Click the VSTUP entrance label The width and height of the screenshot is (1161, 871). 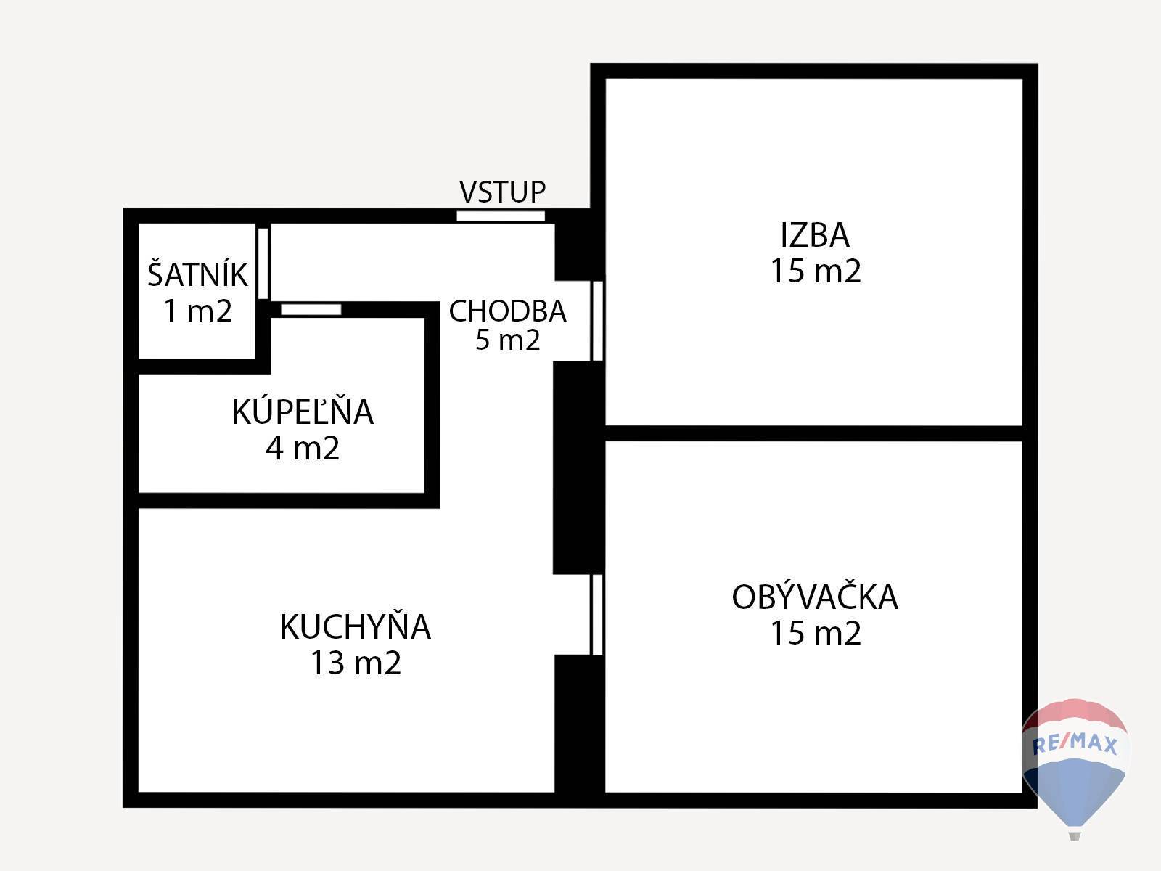[x=502, y=192]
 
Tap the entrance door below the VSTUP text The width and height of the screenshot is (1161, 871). [x=501, y=216]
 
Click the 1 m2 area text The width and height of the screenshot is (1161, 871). [x=198, y=311]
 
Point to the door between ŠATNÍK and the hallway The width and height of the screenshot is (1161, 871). [x=263, y=263]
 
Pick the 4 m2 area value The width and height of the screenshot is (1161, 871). [x=303, y=449]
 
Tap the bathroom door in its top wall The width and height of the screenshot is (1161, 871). [x=311, y=309]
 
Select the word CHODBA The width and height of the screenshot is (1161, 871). [x=507, y=311]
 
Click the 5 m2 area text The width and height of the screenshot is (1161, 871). [x=508, y=340]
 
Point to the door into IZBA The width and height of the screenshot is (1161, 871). [x=597, y=321]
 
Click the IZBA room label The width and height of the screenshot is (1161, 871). [x=815, y=235]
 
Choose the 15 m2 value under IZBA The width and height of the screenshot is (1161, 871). [x=816, y=271]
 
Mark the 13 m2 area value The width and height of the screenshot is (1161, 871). [x=356, y=663]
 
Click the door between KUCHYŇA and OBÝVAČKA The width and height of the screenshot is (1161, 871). [x=596, y=615]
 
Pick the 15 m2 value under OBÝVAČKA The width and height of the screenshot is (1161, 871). [x=816, y=634]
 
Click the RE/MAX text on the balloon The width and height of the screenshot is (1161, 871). [x=1075, y=745]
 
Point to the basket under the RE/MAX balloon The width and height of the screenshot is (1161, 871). [x=1074, y=835]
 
